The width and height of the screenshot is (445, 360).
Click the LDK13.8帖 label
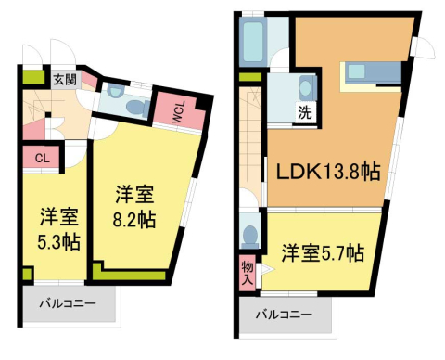coord(324,173)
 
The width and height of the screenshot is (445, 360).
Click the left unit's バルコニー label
coord(67,304)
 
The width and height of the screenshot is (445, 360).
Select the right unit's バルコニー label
coord(285,313)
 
